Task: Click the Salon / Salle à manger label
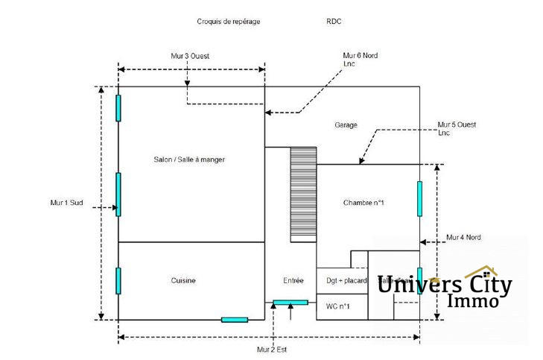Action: pos(189,160)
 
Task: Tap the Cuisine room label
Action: pos(183,280)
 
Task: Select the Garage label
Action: pos(346,124)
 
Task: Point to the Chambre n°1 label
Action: pos(363,203)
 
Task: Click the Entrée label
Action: pos(293,280)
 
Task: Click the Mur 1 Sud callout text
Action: pos(66,202)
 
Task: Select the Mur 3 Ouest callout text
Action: pos(189,56)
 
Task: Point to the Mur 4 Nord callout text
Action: pos(463,237)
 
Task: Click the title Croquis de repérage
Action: pos(229,22)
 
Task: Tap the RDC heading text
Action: pos(334,22)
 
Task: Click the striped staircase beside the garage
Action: pos(304,192)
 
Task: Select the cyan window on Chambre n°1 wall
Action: pos(420,198)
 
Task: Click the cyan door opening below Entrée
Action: pos(290,302)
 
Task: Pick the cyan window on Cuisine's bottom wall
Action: pos(235,320)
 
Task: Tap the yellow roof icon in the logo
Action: pos(481,271)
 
